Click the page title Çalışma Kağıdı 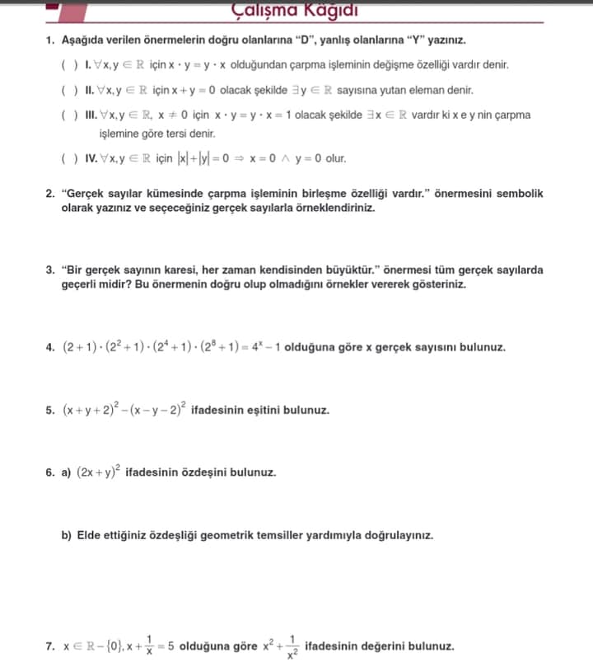tap(295, 10)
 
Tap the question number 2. tap(50, 194)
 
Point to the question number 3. tap(50, 270)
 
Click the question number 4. tap(50, 347)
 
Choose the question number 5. tap(50, 410)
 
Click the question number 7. tap(50, 647)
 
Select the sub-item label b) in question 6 tap(67, 535)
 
